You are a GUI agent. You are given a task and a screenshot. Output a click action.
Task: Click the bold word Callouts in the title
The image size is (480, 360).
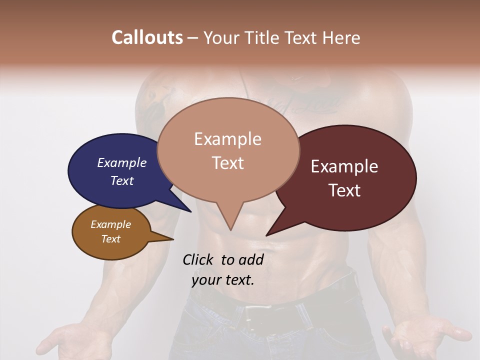pos(147,37)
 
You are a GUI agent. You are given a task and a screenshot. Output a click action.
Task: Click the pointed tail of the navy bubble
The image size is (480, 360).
pos(190,211)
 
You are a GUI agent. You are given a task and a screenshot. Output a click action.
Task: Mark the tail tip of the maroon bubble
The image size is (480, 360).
pos(267,235)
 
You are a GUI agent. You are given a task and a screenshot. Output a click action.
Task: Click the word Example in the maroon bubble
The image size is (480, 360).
pos(344,166)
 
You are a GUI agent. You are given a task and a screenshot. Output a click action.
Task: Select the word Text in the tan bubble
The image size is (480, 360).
pos(228,163)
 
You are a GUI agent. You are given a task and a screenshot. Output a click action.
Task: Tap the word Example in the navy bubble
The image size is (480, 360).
pos(122,162)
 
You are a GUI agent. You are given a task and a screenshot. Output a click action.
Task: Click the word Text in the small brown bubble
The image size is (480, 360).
pos(111,239)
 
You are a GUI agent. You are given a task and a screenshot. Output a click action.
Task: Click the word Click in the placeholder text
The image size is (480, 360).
pos(199,259)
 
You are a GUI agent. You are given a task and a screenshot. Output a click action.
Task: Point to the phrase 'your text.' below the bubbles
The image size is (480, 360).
pos(223,279)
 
